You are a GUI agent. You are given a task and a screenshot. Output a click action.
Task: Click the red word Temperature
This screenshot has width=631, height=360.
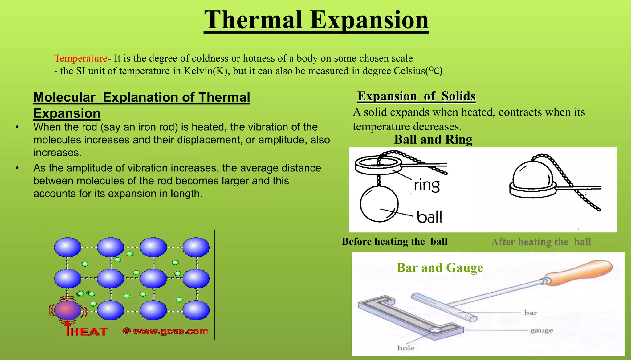81,58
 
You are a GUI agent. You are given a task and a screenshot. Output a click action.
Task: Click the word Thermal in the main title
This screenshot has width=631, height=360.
253,20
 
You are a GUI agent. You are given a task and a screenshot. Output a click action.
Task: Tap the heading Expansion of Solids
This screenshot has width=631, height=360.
416,96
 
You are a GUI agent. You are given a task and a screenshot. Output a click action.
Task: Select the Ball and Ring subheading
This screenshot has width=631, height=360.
433,140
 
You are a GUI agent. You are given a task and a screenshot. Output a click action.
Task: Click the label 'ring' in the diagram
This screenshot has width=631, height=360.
427,186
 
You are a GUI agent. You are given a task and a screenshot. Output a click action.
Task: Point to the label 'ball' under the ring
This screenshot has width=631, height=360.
429,217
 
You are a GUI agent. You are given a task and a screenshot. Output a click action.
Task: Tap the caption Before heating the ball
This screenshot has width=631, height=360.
395,241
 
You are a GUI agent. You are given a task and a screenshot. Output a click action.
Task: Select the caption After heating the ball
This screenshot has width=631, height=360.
541,242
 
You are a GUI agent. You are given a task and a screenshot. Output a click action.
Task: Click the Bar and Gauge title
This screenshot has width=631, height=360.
440,268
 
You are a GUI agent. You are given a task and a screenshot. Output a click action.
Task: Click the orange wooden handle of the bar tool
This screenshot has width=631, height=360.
579,273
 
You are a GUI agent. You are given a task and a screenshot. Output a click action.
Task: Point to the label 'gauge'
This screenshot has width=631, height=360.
542,330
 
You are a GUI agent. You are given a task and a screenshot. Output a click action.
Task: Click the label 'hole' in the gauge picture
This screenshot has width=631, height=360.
406,348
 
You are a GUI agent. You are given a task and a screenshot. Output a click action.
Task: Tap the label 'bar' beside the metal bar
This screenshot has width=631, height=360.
531,313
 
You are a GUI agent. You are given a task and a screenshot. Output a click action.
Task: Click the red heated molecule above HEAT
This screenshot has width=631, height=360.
67,310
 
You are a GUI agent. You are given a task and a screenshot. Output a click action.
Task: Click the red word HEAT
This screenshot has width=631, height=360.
89,332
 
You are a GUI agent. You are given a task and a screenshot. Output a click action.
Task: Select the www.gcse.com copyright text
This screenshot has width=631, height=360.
165,331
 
